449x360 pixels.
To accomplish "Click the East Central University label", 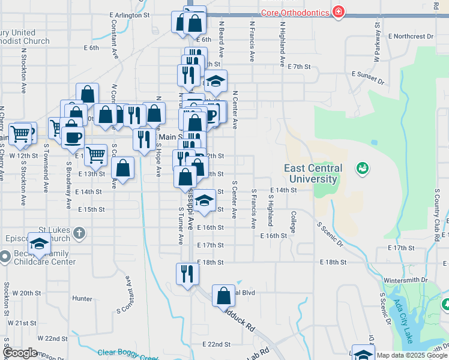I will [313, 174].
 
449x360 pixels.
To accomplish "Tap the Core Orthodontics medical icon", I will [339, 12].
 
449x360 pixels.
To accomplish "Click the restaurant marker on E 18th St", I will [187, 274].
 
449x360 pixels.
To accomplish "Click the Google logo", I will [19, 353].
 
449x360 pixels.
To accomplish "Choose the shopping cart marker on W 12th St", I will [21, 133].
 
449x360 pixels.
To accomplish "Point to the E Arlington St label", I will [129, 14].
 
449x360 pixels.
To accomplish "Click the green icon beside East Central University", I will [362, 168].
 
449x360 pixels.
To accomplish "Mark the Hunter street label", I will [82, 298].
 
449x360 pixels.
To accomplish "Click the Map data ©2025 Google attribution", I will [412, 355].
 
